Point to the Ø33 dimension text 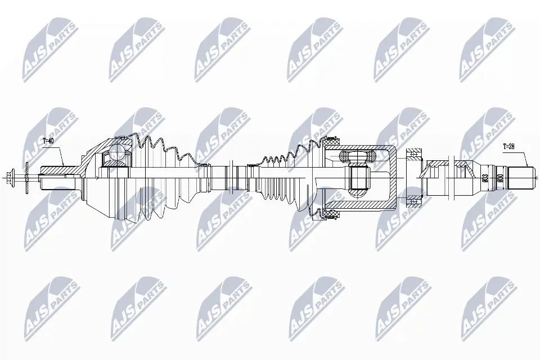coord(485,179)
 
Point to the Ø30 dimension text coord(501,179)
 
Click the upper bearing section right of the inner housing coord(415,153)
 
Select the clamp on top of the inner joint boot coord(328,138)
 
